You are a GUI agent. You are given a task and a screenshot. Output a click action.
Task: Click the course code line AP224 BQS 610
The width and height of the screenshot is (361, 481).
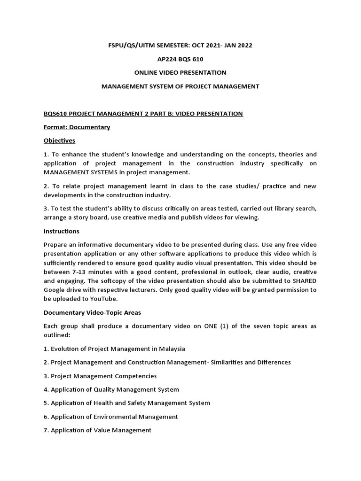pos(180,59)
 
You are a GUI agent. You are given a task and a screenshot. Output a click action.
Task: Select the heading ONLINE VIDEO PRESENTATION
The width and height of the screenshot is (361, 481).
pos(180,72)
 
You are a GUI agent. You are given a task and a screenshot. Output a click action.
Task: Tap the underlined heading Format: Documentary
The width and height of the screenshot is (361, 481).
pos(77,127)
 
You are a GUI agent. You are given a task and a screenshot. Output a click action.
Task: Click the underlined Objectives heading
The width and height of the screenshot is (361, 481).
pos(59,140)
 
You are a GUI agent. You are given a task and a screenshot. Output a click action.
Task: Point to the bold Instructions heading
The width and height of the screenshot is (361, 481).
pos(61,231)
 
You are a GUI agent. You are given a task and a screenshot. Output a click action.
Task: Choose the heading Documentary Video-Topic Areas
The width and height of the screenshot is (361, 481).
pos(92,312)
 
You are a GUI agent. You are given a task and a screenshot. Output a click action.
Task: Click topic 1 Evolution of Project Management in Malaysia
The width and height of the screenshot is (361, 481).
pos(114,349)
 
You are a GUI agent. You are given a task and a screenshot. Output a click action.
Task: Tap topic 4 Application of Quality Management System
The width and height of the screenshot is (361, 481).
pos(111,389)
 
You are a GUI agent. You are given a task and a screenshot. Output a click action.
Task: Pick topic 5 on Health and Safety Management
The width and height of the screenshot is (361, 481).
pos(127,403)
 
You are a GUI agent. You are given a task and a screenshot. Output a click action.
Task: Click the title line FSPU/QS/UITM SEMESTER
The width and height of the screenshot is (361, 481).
pos(180,45)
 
